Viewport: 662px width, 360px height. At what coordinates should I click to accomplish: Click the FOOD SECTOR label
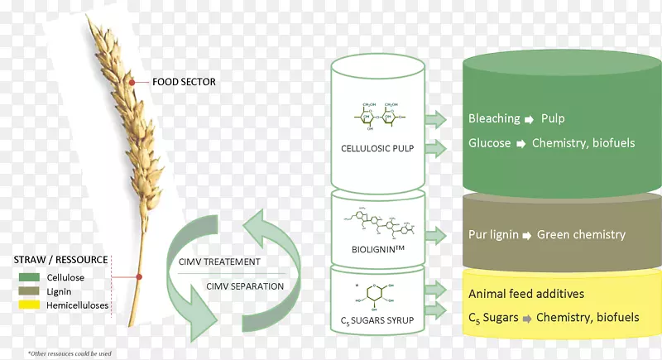185,82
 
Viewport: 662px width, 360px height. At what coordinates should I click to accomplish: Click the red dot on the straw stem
139,277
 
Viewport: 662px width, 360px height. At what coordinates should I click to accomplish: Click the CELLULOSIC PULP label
377,149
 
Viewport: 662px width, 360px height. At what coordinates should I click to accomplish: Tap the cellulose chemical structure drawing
378,116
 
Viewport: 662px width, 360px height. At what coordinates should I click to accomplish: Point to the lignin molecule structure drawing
377,221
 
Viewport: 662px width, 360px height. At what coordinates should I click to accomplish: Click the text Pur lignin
493,234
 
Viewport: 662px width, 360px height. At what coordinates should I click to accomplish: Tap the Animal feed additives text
525,293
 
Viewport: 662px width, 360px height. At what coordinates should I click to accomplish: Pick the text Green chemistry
582,234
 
